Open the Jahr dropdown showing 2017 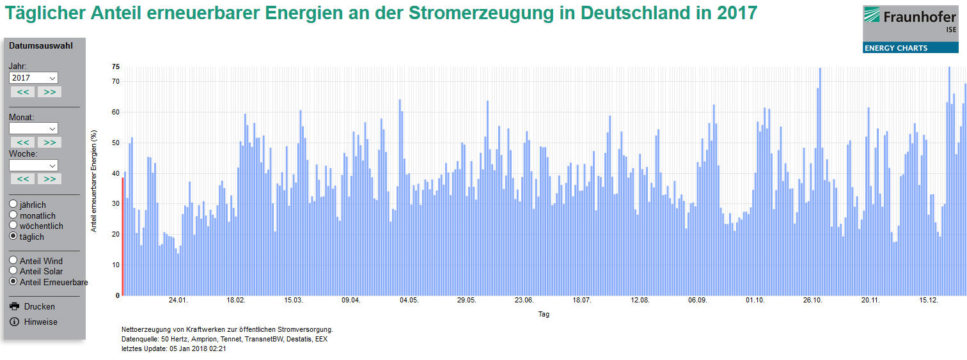coord(33,77)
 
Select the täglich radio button coord(13,237)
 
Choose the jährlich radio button coord(13,205)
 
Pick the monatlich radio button coord(13,215)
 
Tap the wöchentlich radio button coord(13,226)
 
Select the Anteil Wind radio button coord(13,261)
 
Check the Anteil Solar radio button coord(13,271)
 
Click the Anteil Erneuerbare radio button coord(13,282)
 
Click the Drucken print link coord(39,306)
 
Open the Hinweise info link coord(40,322)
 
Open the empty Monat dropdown coord(33,129)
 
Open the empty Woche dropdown coord(33,165)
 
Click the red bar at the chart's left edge coord(122,237)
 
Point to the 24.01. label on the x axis coord(178,300)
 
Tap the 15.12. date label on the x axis coord(928,300)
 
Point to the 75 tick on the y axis coord(116,67)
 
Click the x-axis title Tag coord(543,314)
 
